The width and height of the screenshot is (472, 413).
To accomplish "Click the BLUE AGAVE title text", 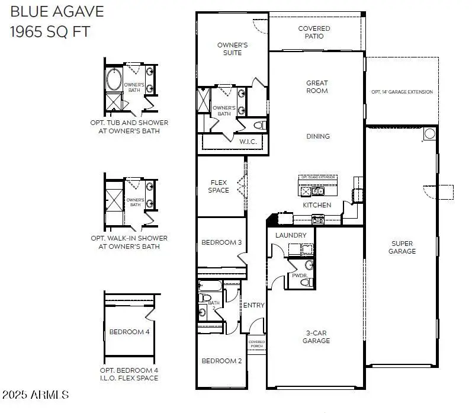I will pyautogui.click(x=57, y=11).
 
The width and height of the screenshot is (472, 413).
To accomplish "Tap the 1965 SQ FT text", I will pyautogui.click(x=50, y=31).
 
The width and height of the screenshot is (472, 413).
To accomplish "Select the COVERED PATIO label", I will pyautogui.click(x=314, y=32).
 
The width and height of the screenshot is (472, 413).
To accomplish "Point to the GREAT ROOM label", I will pyautogui.click(x=317, y=87).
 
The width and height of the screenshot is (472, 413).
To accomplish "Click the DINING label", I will pyautogui.click(x=317, y=136).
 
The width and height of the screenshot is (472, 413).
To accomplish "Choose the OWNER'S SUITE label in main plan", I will pyautogui.click(x=233, y=49).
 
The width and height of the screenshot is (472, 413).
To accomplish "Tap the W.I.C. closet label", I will pyautogui.click(x=248, y=142).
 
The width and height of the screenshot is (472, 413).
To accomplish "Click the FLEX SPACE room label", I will pyautogui.click(x=219, y=186).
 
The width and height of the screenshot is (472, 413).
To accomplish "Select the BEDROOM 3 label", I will pyautogui.click(x=221, y=242).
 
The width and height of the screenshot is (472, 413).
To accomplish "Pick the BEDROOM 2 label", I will pyautogui.click(x=221, y=361).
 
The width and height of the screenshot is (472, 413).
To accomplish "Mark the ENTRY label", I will pyautogui.click(x=253, y=305).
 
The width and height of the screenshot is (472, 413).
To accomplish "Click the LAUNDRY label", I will pyautogui.click(x=291, y=235).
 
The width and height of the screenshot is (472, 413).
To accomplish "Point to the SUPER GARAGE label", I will pyautogui.click(x=402, y=247).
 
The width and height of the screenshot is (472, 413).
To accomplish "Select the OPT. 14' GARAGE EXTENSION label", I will pyautogui.click(x=402, y=92).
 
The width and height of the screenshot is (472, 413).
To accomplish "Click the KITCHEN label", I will pyautogui.click(x=317, y=205).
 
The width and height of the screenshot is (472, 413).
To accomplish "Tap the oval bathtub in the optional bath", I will pyautogui.click(x=114, y=79).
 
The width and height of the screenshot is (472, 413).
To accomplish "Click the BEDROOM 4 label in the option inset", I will pyautogui.click(x=130, y=332).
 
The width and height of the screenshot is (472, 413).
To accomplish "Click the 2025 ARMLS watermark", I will pyautogui.click(x=36, y=395).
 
